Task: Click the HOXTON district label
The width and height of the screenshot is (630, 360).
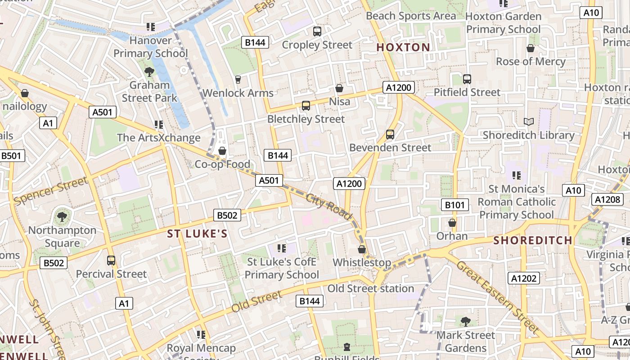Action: click(x=403, y=47)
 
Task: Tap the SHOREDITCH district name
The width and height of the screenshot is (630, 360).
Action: click(x=532, y=240)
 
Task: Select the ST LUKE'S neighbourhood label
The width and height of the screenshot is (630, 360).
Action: click(x=197, y=234)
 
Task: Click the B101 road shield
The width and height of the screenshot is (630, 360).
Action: click(x=454, y=205)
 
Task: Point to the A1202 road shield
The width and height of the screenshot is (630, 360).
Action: click(x=524, y=278)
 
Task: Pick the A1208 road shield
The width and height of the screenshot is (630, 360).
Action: click(x=607, y=199)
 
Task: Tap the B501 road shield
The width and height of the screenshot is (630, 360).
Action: click(x=11, y=156)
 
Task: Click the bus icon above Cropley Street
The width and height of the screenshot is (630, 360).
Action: click(x=317, y=31)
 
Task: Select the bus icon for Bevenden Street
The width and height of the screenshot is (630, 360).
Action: click(x=390, y=135)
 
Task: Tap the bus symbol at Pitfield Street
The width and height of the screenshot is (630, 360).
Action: click(x=467, y=79)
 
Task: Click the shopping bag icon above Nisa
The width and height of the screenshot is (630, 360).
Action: click(x=339, y=88)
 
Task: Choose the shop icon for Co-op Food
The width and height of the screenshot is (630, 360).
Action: click(x=222, y=151)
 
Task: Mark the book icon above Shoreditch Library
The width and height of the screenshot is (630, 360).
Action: click(x=528, y=121)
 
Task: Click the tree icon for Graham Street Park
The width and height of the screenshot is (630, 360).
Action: click(x=149, y=72)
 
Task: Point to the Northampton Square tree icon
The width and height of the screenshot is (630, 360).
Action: click(x=62, y=217)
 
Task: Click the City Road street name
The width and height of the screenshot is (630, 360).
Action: click(x=328, y=207)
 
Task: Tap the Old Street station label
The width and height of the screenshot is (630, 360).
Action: click(x=371, y=288)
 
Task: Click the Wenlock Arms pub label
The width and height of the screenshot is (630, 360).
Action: click(x=238, y=93)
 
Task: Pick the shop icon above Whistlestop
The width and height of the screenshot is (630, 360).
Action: click(x=362, y=249)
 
